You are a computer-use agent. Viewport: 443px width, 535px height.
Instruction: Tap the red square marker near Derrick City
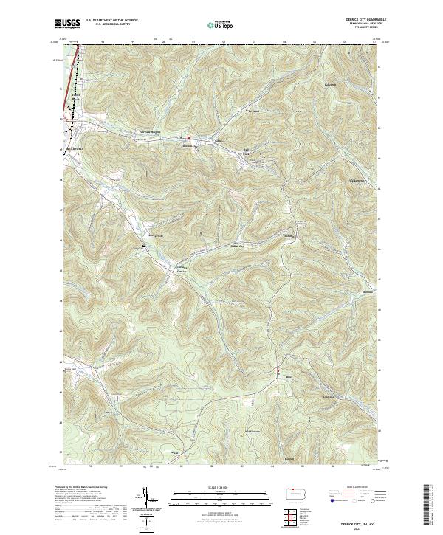click(188, 137)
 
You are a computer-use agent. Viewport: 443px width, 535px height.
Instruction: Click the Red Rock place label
click(249, 152)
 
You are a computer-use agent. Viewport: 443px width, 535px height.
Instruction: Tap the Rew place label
click(288, 376)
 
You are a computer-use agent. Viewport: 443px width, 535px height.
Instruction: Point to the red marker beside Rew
click(278, 370)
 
